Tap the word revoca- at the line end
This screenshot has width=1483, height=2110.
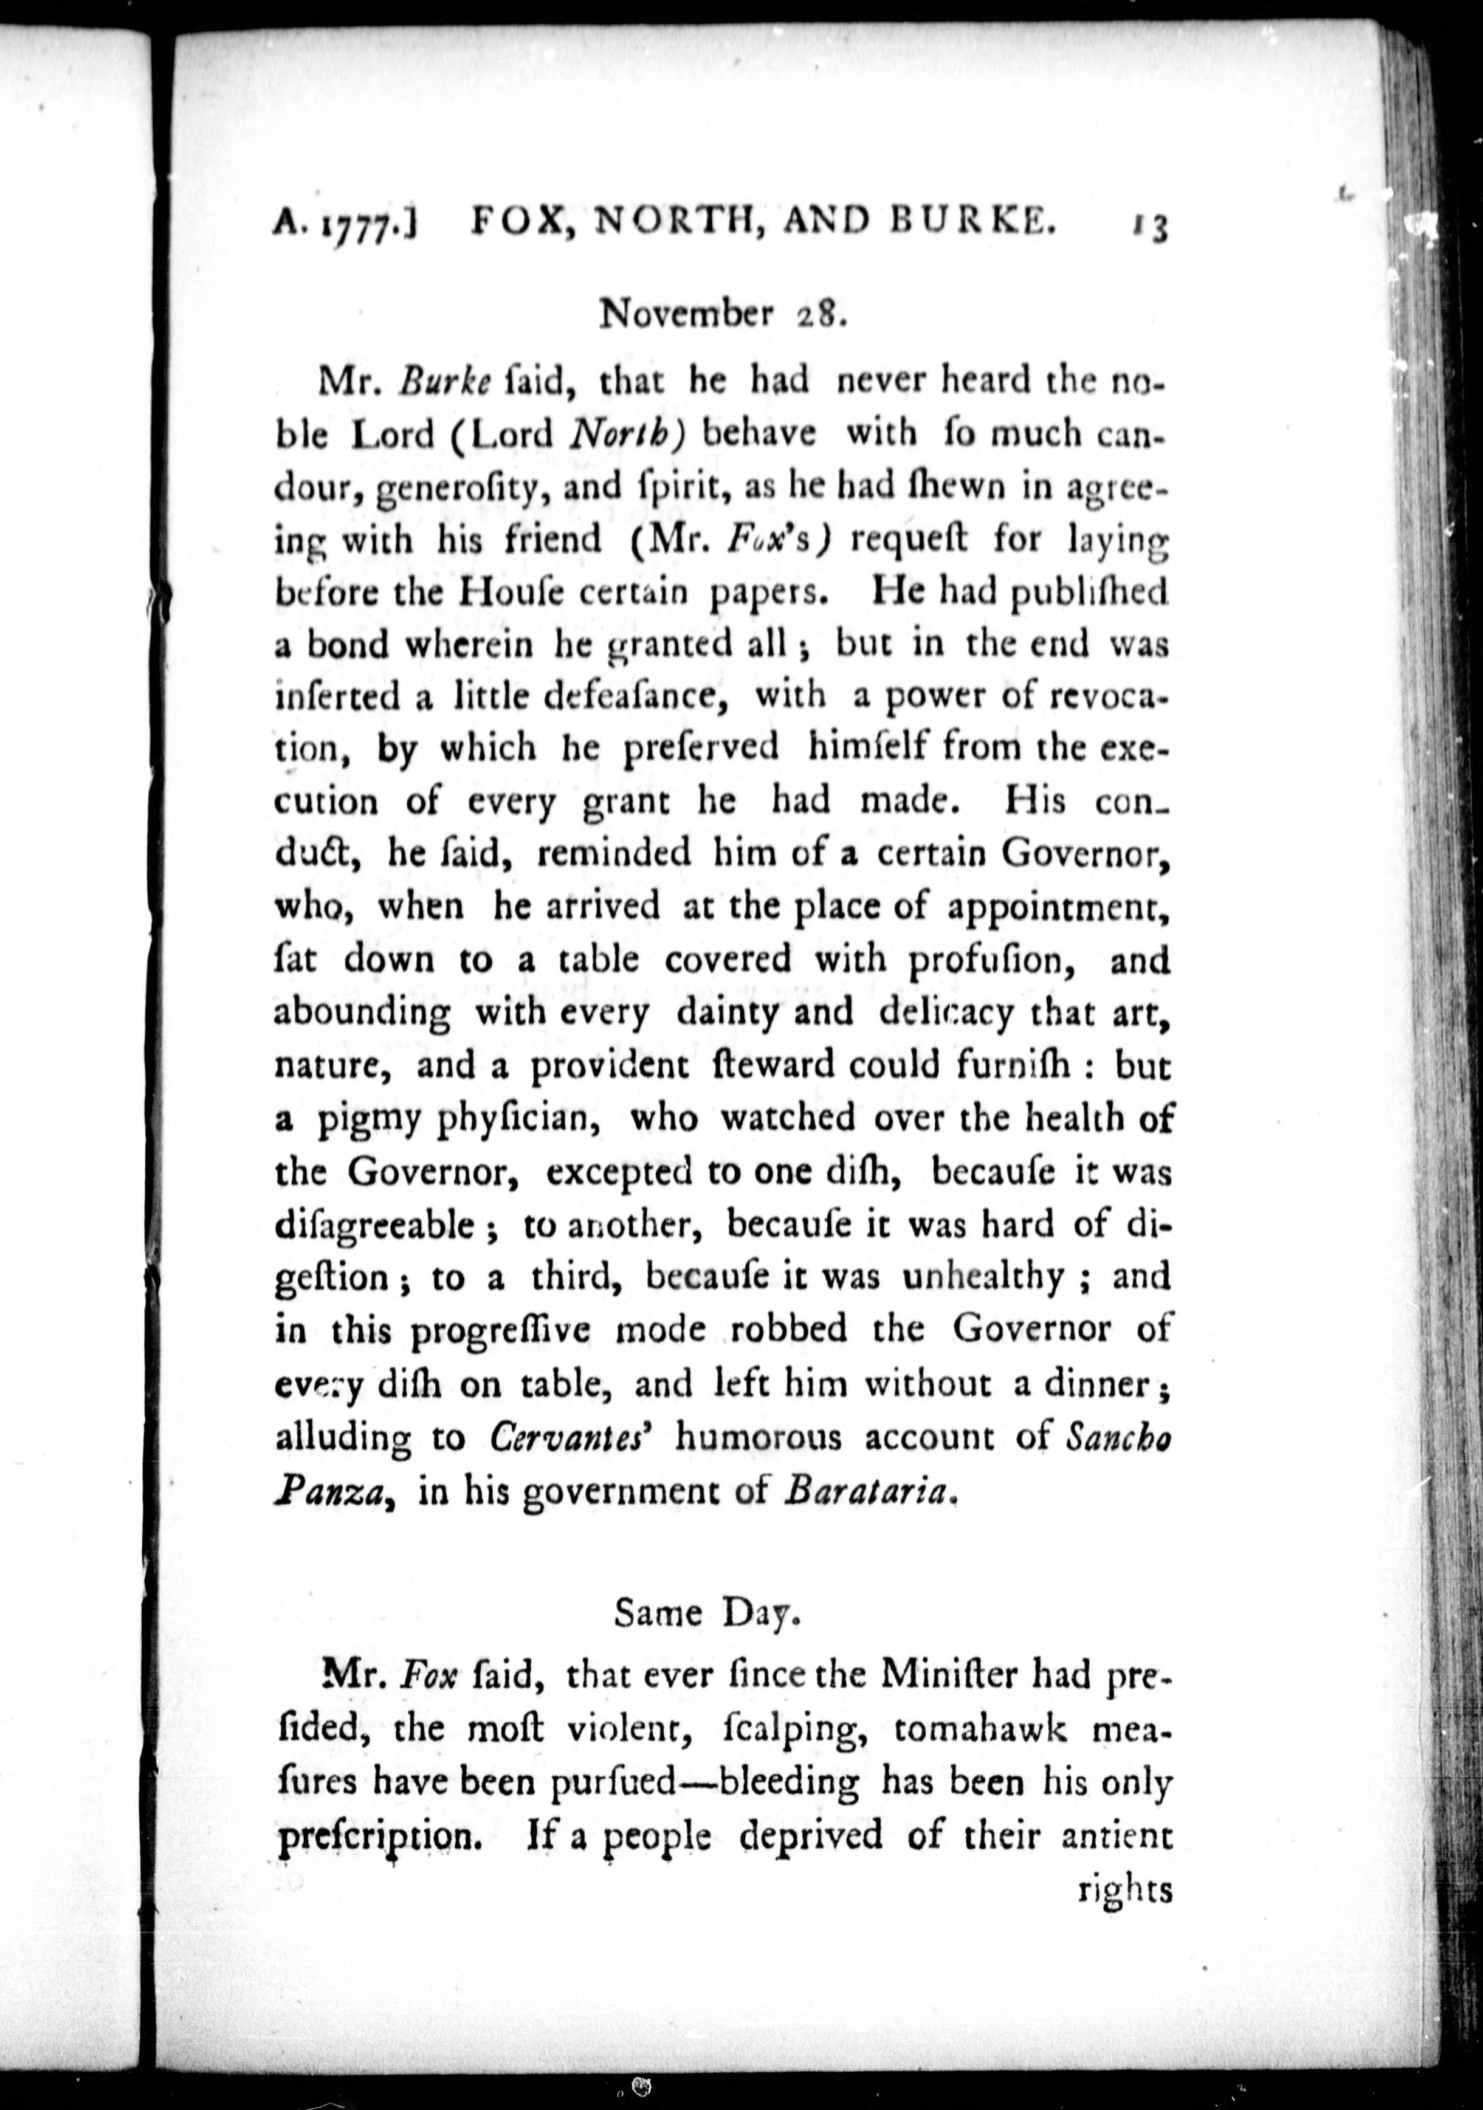point(1109,696)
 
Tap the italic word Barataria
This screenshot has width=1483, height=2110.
point(864,1491)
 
